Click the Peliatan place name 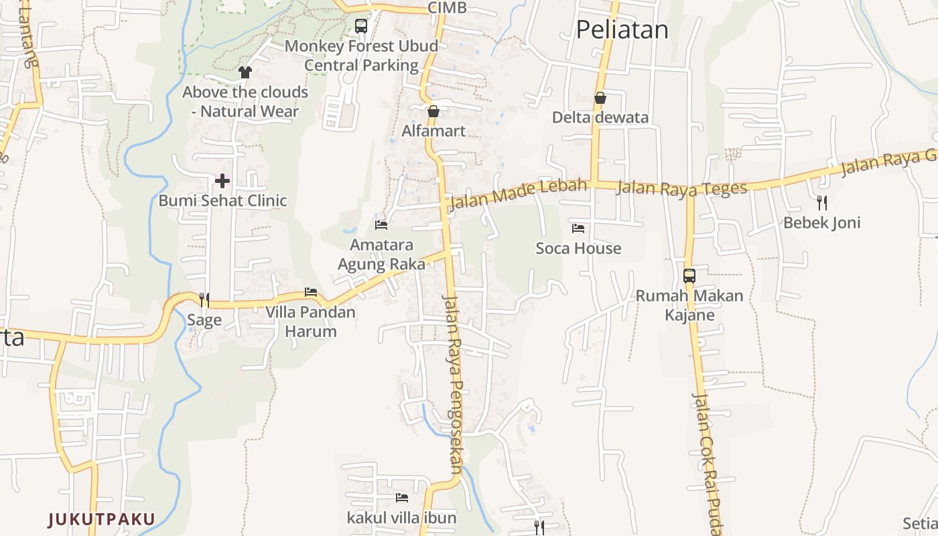click(622, 30)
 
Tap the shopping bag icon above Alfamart click(433, 111)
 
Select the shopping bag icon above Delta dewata click(600, 98)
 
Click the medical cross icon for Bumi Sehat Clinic click(222, 180)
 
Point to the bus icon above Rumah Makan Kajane click(689, 275)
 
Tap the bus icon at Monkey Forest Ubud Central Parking click(361, 26)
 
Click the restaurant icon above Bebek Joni click(822, 202)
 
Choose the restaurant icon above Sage click(204, 299)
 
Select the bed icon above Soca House click(578, 228)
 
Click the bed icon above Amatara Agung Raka click(381, 225)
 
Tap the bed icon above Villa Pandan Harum click(310, 292)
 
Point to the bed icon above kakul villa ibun click(402, 497)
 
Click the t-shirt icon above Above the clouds click(245, 72)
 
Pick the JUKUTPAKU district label click(101, 519)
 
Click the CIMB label click(447, 8)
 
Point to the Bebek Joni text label click(822, 222)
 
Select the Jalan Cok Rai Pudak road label click(706, 462)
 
